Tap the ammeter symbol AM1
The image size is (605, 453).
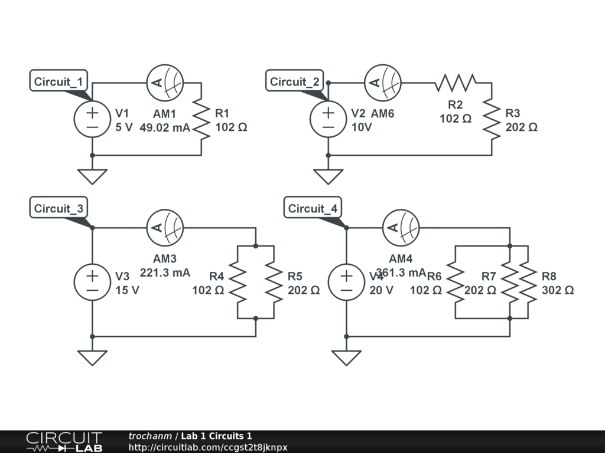(165, 83)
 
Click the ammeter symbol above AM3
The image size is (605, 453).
(165, 228)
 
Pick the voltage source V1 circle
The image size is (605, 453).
(92, 119)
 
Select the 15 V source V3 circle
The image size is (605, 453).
(92, 282)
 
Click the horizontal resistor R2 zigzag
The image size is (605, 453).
(455, 83)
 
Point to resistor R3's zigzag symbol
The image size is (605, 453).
(492, 119)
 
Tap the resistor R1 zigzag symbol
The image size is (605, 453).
(202, 119)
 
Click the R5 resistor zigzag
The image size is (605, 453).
(274, 282)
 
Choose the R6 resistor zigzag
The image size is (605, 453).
(455, 282)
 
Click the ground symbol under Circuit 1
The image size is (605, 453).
(92, 176)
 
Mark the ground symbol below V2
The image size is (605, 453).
(328, 176)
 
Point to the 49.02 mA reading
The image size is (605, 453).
(165, 127)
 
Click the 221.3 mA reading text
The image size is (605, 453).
(165, 273)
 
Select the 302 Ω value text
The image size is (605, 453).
(557, 290)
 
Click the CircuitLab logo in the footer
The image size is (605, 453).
(63, 442)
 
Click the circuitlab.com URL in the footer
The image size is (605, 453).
(208, 448)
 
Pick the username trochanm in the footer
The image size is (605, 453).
(150, 436)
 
